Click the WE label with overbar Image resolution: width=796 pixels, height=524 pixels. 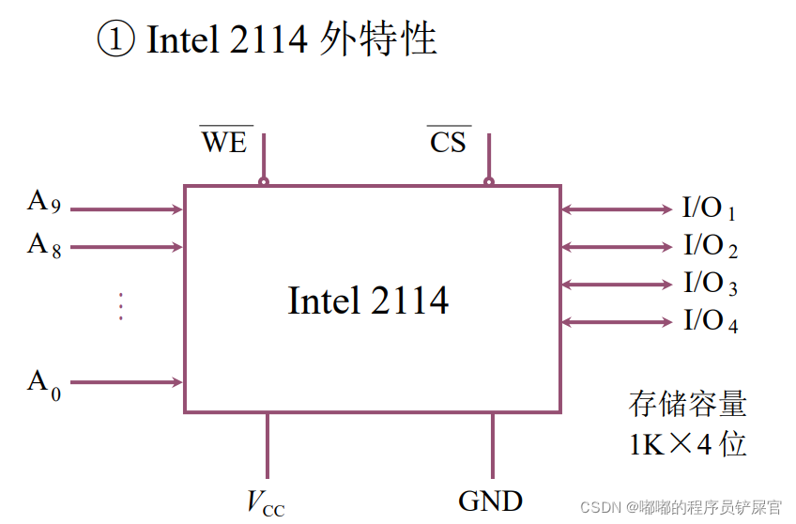(x=223, y=142)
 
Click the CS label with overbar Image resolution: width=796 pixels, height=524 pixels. (x=449, y=142)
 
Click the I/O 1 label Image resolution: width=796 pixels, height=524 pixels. (x=709, y=209)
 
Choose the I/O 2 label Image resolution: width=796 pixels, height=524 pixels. (x=710, y=247)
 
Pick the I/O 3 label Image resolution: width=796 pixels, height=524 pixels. (x=710, y=285)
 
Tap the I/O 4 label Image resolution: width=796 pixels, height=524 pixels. (x=710, y=322)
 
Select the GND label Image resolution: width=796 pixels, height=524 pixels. (x=491, y=501)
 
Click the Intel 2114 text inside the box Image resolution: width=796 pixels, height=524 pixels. (x=368, y=301)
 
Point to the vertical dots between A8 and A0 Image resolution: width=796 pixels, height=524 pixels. (x=120, y=306)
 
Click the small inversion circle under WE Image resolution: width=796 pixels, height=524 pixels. (x=264, y=181)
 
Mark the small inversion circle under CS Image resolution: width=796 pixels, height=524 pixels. (x=488, y=181)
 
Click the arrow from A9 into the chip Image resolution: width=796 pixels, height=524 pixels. (x=127, y=209)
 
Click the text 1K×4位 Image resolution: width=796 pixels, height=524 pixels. (x=687, y=444)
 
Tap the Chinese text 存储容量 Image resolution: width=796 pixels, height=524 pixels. (x=687, y=405)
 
